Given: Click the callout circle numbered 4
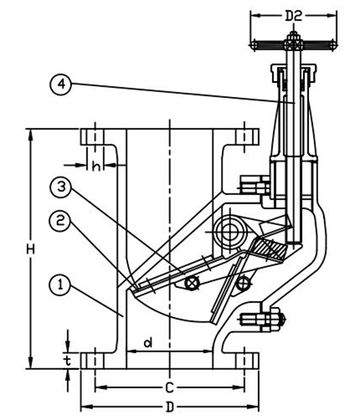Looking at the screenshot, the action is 61,85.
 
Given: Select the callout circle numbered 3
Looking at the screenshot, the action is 61,187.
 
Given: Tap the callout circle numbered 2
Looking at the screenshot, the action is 60,221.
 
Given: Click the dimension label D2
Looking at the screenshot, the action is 294,17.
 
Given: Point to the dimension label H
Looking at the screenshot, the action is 31,250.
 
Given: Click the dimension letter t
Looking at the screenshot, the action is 68,360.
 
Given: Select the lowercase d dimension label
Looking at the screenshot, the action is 148,342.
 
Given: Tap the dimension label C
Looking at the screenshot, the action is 169,388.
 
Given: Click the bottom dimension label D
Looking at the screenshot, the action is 169,407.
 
